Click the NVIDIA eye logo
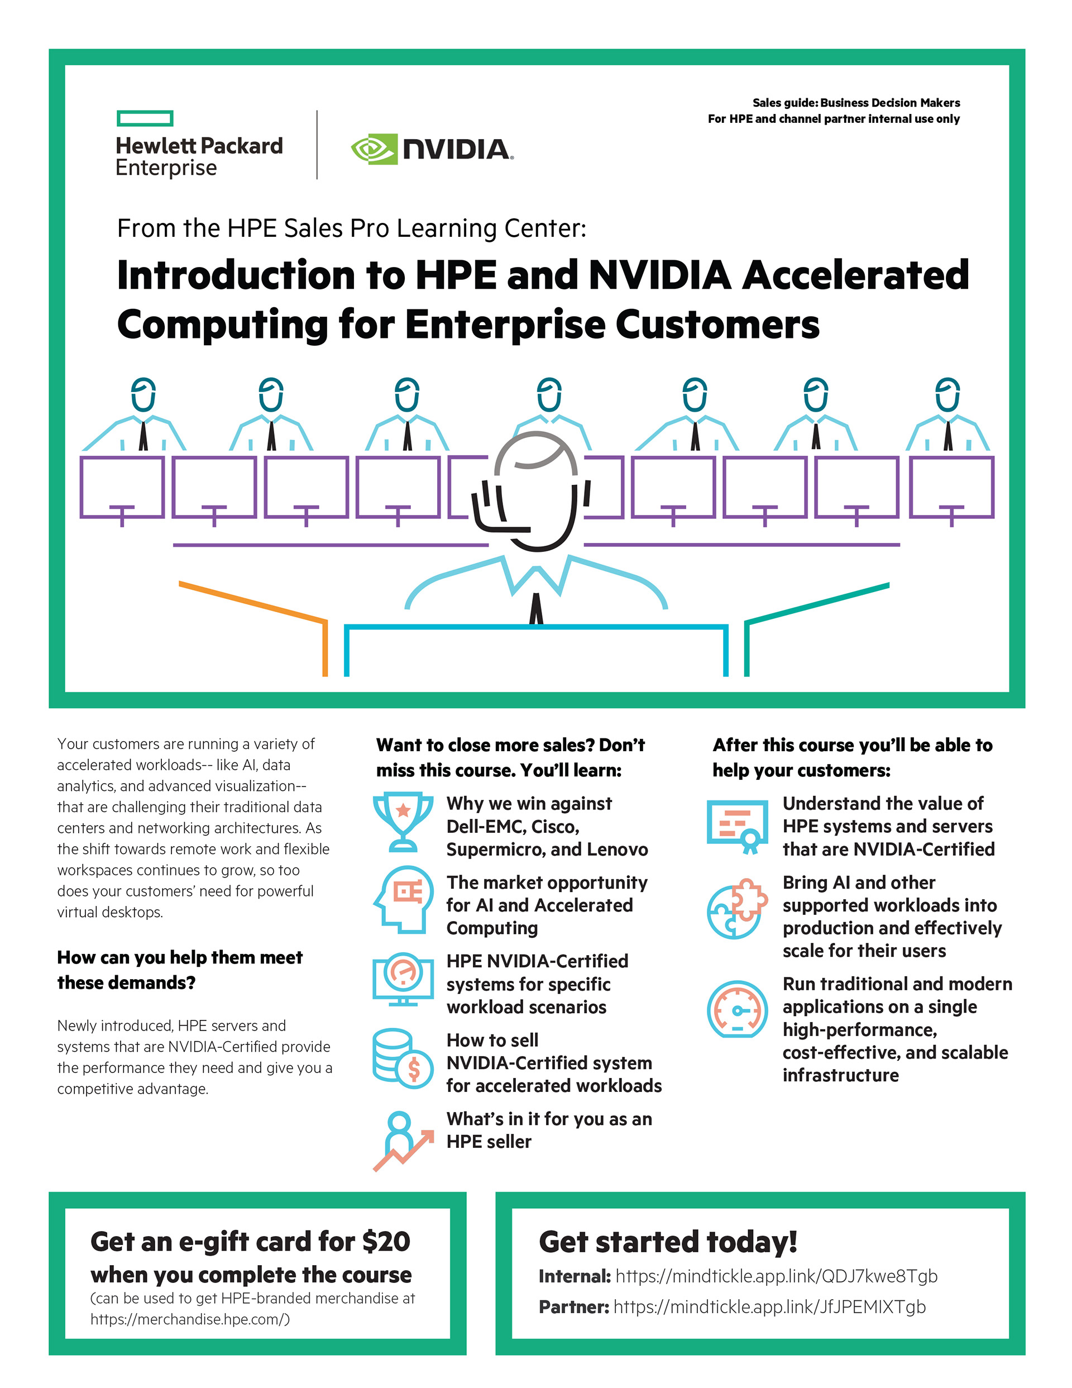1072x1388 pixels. [374, 149]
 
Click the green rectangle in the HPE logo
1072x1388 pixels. [145, 118]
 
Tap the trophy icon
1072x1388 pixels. [403, 821]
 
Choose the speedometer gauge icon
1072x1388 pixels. [737, 1009]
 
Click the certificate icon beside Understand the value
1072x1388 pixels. [737, 825]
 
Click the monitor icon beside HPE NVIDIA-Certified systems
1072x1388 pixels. [403, 979]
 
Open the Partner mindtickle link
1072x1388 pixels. [769, 1306]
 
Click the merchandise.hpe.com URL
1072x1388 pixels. [189, 1319]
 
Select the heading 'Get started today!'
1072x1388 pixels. [667, 1242]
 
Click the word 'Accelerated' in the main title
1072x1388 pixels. [855, 275]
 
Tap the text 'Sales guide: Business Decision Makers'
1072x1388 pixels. [855, 103]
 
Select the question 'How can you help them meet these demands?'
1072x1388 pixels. [180, 970]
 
